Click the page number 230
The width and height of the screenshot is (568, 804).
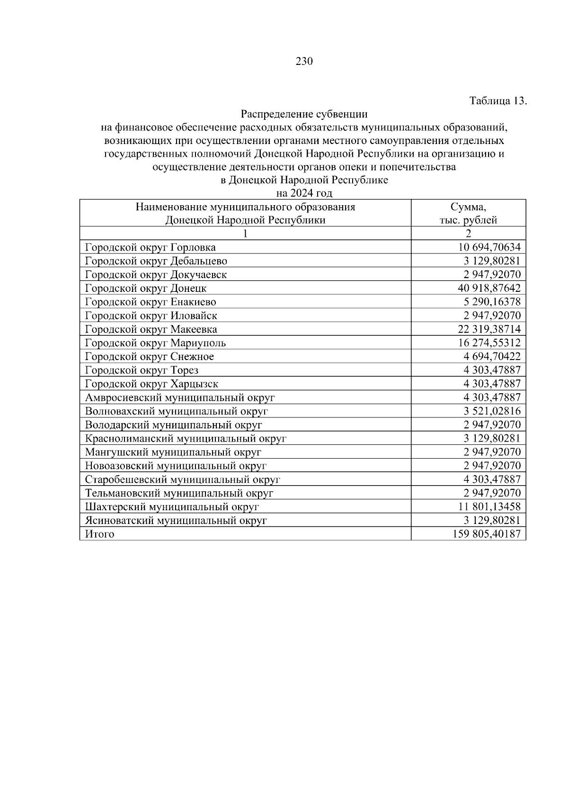pos(304,62)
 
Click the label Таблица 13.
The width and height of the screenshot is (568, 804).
pos(497,101)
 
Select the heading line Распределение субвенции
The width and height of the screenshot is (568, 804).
pos(304,114)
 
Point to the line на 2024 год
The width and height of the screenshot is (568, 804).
pos(304,193)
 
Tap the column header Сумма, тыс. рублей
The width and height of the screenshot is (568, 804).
pos(468,213)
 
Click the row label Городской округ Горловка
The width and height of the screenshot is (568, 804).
pos(150,247)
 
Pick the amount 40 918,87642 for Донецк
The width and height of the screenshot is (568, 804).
pos(489,288)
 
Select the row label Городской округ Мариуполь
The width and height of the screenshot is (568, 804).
pos(155,343)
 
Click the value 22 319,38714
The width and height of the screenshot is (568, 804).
pos(489,329)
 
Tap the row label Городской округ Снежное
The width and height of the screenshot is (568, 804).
pos(149,357)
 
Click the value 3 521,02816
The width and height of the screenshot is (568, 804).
pos(492,411)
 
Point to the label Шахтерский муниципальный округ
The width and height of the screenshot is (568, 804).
pos(172,507)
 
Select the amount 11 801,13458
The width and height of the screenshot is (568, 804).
pos(489,507)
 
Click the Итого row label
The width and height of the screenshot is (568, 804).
pos(99,534)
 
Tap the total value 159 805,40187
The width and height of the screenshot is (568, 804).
pos(487,534)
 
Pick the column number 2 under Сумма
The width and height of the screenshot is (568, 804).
pos(468,234)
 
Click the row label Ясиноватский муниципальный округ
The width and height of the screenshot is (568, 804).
pos(176,521)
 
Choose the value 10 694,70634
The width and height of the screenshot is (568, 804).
pos(489,247)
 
